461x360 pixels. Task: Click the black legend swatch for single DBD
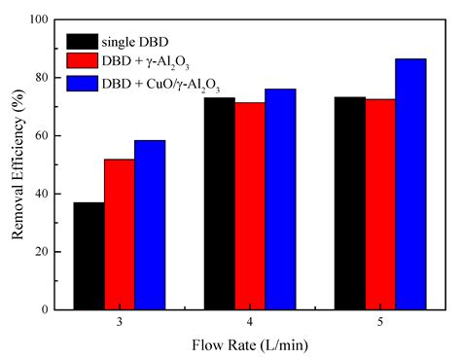(x=83, y=42)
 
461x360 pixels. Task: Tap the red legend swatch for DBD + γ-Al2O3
(x=83, y=62)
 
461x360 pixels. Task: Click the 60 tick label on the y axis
(x=44, y=135)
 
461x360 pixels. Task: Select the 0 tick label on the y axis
(x=47, y=309)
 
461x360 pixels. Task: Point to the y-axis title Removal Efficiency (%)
(x=17, y=164)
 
